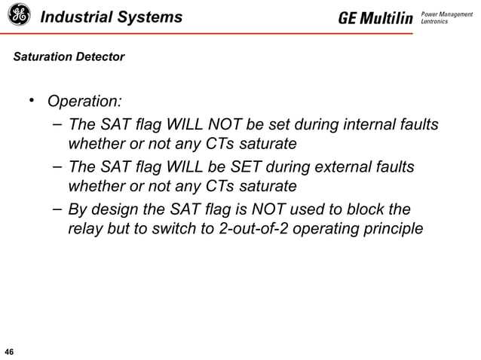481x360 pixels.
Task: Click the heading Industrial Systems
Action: click(112, 16)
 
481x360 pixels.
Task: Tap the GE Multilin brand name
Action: click(375, 17)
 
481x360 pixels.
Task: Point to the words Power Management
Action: click(446, 13)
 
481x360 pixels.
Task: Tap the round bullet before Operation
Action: click(33, 101)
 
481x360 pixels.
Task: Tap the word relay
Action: click(87, 228)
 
